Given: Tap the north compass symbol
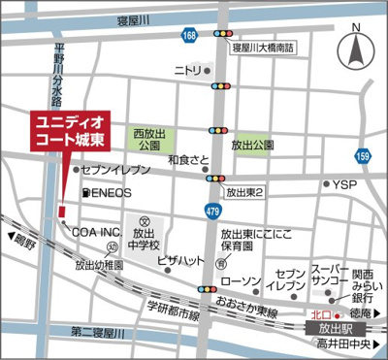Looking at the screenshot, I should pyautogui.click(x=356, y=44).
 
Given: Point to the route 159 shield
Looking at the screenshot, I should pyautogui.click(x=363, y=154).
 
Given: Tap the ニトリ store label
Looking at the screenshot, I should pyautogui.click(x=187, y=71).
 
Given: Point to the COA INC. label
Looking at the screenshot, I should pyautogui.click(x=94, y=232).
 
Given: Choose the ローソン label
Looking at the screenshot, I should pyautogui.click(x=241, y=281).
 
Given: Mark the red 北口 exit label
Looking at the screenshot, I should pyautogui.click(x=320, y=314).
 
